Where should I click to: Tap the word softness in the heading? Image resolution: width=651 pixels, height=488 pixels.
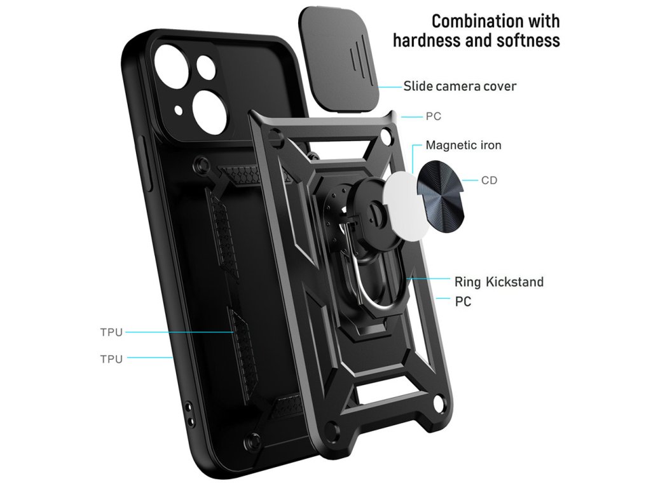tap(526, 41)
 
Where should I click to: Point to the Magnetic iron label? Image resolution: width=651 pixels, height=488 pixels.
tap(463, 145)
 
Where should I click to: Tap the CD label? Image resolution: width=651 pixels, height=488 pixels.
tap(489, 180)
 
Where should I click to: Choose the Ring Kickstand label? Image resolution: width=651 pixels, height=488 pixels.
tap(498, 281)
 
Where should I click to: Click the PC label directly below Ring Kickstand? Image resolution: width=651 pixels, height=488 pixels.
tap(463, 302)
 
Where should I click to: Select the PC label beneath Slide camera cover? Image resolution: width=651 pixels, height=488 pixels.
tap(433, 117)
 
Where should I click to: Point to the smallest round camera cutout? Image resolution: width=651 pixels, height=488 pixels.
tap(205, 65)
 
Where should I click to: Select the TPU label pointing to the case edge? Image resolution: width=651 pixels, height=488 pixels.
tap(111, 358)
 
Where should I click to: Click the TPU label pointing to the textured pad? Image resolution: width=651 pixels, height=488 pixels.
tap(111, 332)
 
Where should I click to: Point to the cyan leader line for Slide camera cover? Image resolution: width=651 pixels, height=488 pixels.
tap(390, 86)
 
